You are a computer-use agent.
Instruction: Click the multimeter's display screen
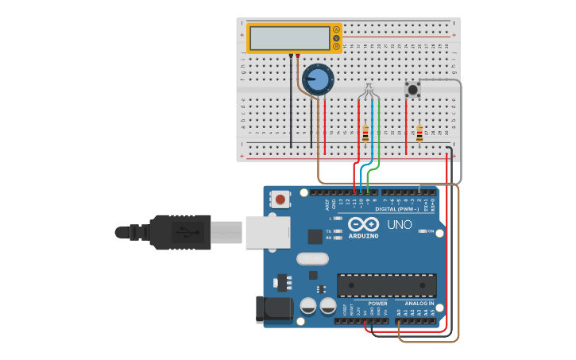[x=289, y=37]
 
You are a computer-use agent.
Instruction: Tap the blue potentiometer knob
[x=318, y=79]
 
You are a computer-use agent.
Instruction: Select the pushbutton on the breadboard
[x=412, y=89]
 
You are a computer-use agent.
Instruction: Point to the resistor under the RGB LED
[x=365, y=134]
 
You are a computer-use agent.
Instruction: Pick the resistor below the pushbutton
[x=419, y=134]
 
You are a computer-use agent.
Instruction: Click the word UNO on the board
[x=400, y=225]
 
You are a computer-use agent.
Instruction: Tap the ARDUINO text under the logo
[x=363, y=235]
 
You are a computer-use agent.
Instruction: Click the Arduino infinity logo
[x=363, y=223]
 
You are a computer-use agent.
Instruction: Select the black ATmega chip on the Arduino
[x=387, y=285]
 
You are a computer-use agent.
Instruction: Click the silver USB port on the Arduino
[x=267, y=232]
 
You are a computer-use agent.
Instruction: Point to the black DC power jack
[x=272, y=310]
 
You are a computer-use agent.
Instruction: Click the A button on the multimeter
[x=337, y=29]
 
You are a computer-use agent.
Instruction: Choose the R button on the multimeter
[x=337, y=47]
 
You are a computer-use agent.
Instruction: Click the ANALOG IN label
[x=419, y=304]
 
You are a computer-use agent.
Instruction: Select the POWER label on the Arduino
[x=377, y=304]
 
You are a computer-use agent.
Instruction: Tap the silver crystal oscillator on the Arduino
[x=312, y=258]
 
